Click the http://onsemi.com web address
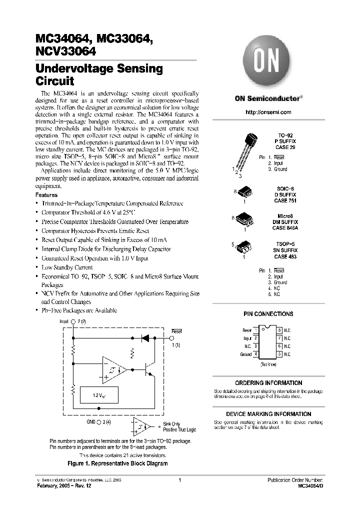click(x=268, y=112)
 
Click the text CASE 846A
click(x=285, y=227)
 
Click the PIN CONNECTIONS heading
click(x=268, y=314)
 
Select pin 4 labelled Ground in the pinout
click(x=255, y=354)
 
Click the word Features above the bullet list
click(x=46, y=194)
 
